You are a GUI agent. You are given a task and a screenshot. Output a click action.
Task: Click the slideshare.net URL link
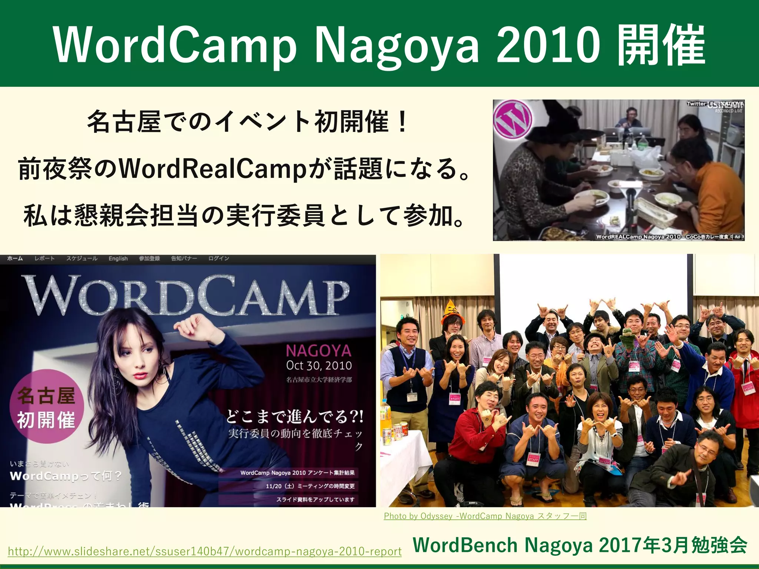(x=205, y=551)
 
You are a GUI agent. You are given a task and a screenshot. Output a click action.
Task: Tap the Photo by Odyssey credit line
(x=485, y=516)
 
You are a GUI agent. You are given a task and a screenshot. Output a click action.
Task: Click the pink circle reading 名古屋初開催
(x=46, y=406)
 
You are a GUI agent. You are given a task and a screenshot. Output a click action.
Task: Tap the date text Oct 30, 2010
(x=319, y=366)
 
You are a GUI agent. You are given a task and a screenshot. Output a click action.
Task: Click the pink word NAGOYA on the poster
(x=318, y=350)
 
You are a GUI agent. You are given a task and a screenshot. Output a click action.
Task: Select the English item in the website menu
(x=118, y=259)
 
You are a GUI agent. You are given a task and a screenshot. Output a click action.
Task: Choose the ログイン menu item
(x=219, y=259)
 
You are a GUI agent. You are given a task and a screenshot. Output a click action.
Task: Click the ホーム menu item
(x=15, y=259)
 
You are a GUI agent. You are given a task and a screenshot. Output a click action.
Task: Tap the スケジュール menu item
(x=82, y=259)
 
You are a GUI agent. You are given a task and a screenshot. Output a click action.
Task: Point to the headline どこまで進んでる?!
(x=295, y=417)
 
